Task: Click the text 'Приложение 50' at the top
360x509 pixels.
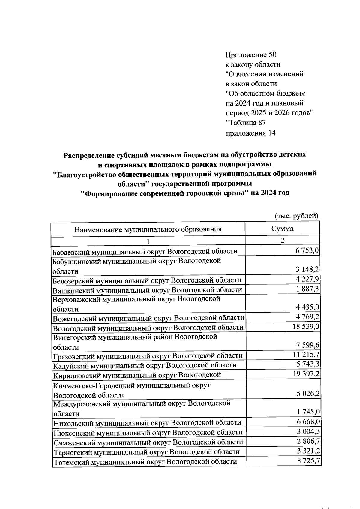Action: click(x=250, y=55)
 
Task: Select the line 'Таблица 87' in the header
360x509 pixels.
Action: click(x=246, y=123)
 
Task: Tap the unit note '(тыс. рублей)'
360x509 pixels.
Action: click(x=296, y=216)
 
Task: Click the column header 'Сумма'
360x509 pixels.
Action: click(x=282, y=229)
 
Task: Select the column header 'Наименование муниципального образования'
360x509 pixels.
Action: click(x=148, y=229)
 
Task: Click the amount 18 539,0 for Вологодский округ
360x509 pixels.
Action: click(x=306, y=327)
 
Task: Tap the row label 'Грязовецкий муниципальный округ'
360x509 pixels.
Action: click(x=148, y=356)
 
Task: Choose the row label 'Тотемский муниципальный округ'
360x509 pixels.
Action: click(x=145, y=461)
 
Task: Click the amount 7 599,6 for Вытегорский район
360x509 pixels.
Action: click(x=307, y=346)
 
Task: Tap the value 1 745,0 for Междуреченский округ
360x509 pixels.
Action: click(x=308, y=412)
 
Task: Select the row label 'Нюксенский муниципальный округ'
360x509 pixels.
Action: click(x=148, y=433)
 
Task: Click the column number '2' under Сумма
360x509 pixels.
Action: click(x=282, y=240)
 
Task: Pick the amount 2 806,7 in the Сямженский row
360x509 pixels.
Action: click(x=308, y=441)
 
